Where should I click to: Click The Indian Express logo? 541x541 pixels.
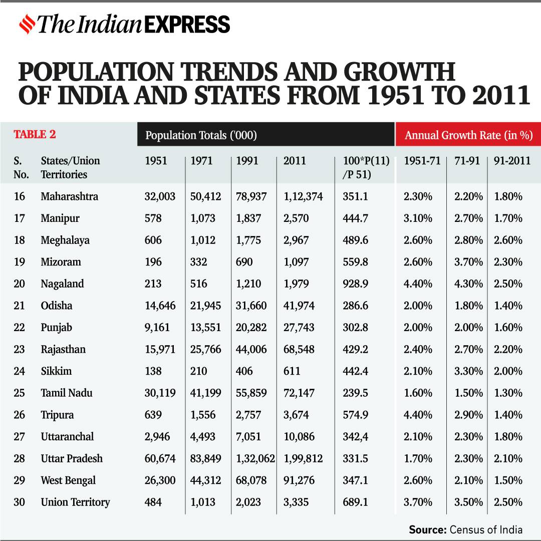124,24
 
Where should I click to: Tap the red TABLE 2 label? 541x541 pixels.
35,134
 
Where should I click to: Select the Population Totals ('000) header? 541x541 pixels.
201,135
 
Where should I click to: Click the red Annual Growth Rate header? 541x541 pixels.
468,135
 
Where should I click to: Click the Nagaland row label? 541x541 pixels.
62,284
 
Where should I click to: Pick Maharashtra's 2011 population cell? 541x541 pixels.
303,196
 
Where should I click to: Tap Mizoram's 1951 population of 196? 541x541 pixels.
153,262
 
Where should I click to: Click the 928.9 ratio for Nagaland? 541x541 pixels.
356,284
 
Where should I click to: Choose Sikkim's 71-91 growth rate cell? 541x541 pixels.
468,371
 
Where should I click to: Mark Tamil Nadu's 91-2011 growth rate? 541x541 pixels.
508,393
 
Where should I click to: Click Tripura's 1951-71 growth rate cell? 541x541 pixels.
418,415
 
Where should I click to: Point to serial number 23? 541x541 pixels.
19,349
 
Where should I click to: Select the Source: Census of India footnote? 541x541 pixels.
465,529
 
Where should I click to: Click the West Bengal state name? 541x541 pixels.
68,480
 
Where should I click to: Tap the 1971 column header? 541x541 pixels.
201,161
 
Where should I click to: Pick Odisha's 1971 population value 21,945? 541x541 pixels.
205,306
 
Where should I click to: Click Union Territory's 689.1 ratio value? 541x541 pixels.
356,502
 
